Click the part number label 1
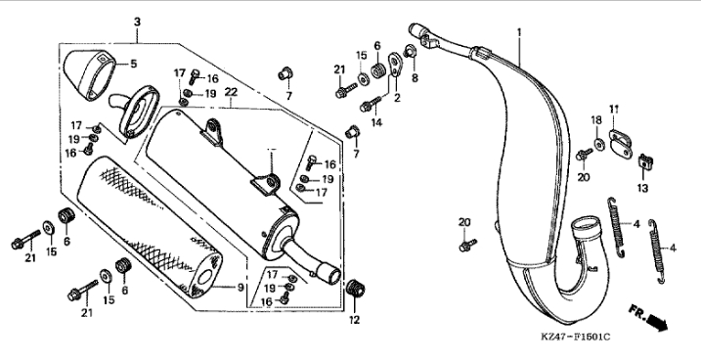[x=519, y=32]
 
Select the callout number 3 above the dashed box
[x=137, y=22]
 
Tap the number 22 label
[x=231, y=92]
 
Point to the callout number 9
[x=241, y=288]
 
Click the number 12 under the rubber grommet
[x=354, y=320]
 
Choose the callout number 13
[x=642, y=189]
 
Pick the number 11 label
[x=614, y=110]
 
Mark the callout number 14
[x=376, y=122]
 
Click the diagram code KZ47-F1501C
[x=576, y=337]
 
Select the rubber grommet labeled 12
[x=356, y=288]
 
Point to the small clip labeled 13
[x=645, y=160]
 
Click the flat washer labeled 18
[x=599, y=144]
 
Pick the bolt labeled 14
[x=371, y=105]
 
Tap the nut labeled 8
[x=410, y=52]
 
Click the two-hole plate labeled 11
[x=621, y=143]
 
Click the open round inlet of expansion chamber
[x=588, y=224]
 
